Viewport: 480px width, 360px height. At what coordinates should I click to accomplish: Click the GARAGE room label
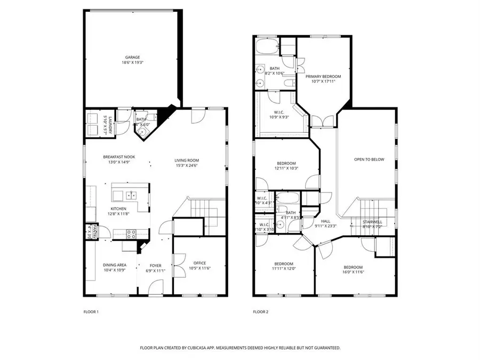tap(133, 57)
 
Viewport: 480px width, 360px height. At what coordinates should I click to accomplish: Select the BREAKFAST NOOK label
tap(119, 157)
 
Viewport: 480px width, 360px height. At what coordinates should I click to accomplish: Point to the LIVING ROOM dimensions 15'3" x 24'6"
tap(186, 165)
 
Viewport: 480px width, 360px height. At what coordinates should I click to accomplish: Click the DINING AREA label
tap(114, 265)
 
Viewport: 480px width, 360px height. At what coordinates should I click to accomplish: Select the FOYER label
tap(155, 265)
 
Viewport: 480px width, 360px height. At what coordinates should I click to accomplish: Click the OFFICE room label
tap(199, 263)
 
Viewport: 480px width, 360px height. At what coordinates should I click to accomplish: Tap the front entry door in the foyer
tap(155, 288)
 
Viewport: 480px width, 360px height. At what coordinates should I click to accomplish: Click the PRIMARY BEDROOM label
tap(323, 76)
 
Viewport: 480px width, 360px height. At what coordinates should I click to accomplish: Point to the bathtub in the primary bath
tap(267, 46)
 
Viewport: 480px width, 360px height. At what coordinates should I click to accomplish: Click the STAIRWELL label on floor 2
tap(372, 221)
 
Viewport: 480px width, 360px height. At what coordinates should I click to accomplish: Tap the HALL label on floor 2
tap(325, 221)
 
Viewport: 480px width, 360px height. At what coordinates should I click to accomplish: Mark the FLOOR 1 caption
tap(91, 311)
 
